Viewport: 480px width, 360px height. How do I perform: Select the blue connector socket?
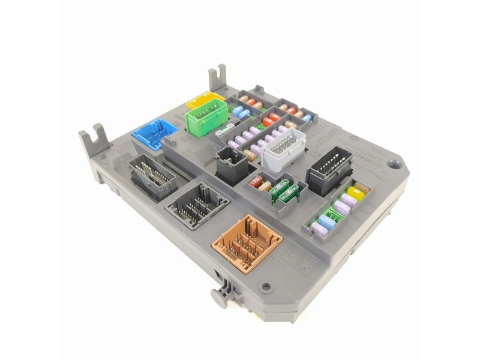154,133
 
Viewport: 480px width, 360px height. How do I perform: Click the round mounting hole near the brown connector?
265,287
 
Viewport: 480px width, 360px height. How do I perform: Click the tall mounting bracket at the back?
217,79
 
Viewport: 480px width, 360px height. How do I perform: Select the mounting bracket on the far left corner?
93,139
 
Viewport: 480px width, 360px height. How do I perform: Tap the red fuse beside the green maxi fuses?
256,182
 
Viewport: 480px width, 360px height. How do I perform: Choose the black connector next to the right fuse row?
329,169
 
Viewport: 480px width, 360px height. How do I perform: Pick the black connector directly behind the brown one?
197,205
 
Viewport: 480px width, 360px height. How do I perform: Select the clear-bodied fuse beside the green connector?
225,128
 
